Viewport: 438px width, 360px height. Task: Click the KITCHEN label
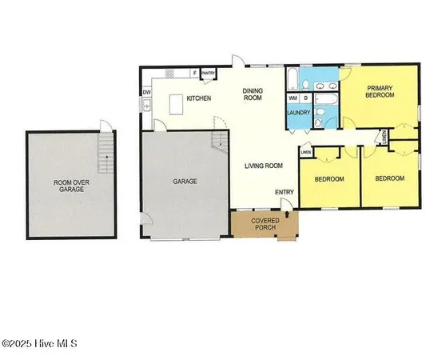[x=198, y=98]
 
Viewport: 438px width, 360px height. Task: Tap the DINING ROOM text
[x=254, y=94]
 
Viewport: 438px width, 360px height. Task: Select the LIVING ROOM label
[x=264, y=166]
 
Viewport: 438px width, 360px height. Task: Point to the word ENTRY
[x=284, y=192]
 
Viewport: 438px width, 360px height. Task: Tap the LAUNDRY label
[x=298, y=113]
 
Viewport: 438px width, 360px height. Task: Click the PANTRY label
[x=209, y=72]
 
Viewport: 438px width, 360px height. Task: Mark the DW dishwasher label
[x=147, y=92]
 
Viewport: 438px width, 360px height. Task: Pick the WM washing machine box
[x=293, y=98]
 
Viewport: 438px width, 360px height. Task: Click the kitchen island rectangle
[x=179, y=103]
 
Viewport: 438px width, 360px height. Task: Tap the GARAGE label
[x=185, y=182]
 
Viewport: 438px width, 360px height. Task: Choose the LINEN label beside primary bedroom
[x=384, y=138]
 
